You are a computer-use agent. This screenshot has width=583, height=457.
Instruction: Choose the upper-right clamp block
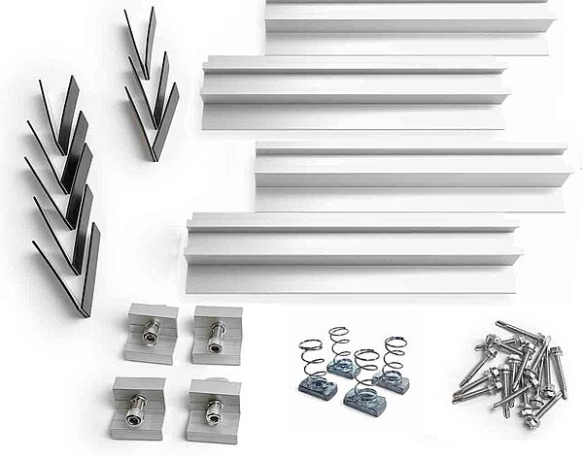coord(216,335)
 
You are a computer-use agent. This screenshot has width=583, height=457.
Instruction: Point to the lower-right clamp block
coord(213,408)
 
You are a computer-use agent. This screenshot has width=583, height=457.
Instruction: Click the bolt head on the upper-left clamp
coord(151,335)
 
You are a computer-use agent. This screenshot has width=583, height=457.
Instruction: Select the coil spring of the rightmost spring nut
coord(393,354)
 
